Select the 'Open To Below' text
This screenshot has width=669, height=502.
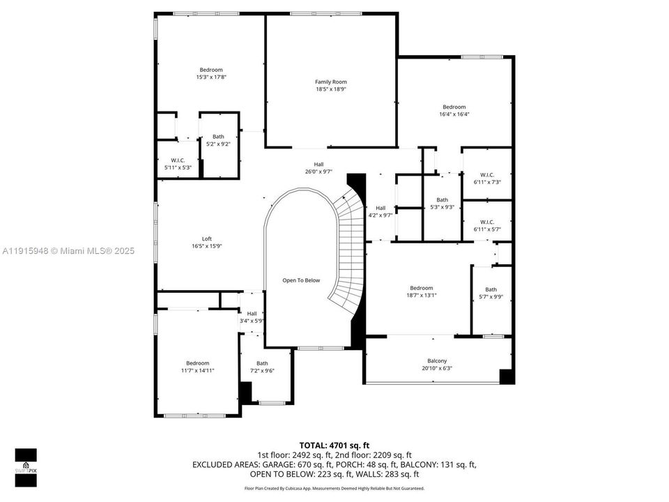(301, 280)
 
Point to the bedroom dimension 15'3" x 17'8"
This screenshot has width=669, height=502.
(210, 77)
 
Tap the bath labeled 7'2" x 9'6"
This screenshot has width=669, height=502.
(262, 367)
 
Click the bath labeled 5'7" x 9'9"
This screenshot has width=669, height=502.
(491, 294)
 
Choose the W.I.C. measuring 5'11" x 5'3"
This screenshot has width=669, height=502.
(178, 164)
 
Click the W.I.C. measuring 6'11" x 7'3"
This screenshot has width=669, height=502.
(487, 178)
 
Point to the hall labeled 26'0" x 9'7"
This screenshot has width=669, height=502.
(318, 167)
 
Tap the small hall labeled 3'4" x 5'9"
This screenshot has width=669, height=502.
(252, 317)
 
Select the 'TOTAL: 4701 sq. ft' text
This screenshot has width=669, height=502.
(334, 445)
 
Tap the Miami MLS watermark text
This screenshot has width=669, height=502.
(68, 251)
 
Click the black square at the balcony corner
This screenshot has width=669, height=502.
(507, 376)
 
